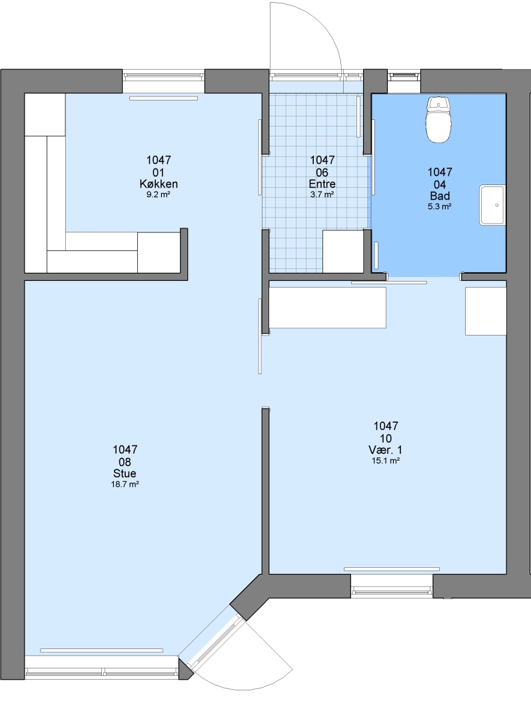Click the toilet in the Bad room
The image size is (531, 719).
point(439,119)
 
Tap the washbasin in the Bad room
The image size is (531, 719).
point(492,205)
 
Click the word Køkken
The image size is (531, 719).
point(159,184)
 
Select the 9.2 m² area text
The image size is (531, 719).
point(159,194)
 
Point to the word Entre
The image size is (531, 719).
point(322,184)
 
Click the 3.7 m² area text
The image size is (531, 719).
point(322,194)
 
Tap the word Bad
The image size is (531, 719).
point(440,196)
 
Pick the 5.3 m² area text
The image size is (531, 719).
point(440,207)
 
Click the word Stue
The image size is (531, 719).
point(125,474)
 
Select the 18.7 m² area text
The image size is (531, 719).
point(125,484)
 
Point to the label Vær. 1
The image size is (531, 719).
point(386,450)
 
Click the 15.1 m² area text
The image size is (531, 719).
point(386,461)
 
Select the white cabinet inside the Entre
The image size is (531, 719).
point(343,251)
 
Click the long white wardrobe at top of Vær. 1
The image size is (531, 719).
point(327,308)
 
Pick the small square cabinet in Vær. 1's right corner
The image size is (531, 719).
point(486,311)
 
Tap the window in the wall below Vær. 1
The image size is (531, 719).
point(392,585)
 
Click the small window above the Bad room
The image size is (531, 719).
point(404,76)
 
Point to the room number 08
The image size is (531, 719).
point(125,462)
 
